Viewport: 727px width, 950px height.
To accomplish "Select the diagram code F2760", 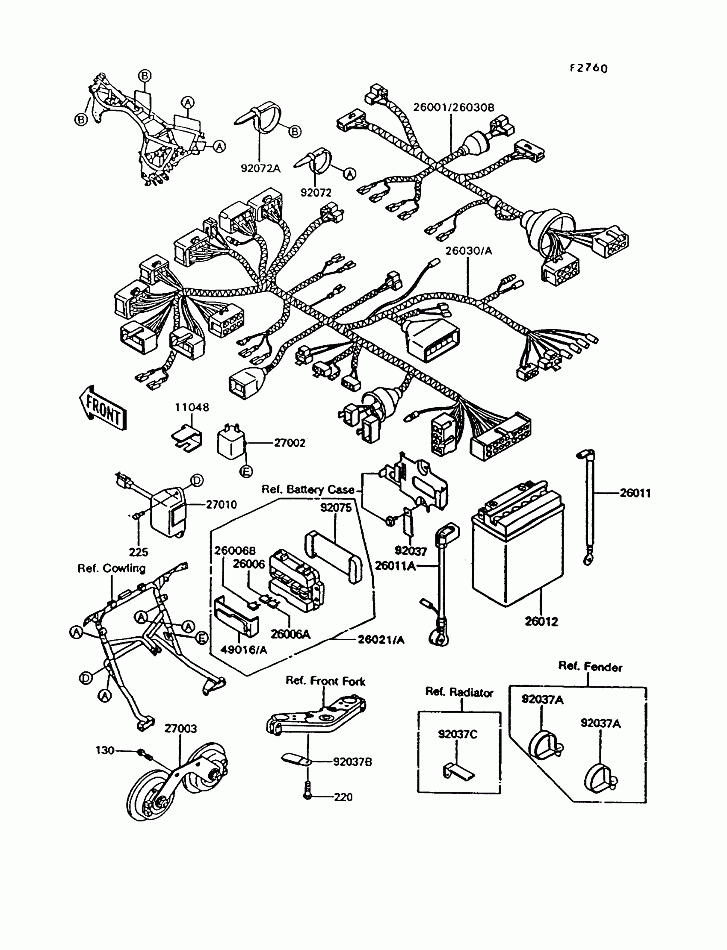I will click(588, 68).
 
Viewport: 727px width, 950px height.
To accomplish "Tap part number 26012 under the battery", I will click(541, 621).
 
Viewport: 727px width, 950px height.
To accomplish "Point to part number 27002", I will click(290, 443).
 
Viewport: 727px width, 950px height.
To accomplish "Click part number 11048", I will click(192, 407).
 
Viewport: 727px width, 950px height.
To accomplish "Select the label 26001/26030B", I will click(453, 107).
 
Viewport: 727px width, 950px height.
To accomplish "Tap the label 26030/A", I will click(469, 251).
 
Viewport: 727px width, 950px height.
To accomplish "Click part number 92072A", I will click(260, 168).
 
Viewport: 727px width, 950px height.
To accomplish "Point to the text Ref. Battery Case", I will click(307, 489).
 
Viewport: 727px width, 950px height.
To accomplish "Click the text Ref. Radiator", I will click(459, 692).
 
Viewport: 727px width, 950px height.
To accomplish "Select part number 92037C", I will click(458, 734).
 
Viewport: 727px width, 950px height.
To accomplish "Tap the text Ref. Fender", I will click(590, 667).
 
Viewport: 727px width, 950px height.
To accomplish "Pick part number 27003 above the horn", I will click(180, 729).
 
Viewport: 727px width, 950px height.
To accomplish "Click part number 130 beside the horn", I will click(105, 750).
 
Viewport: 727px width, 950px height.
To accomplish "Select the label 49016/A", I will click(244, 650).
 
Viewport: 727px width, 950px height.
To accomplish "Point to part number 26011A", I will click(395, 565).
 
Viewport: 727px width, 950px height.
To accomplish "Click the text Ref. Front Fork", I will click(325, 681).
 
